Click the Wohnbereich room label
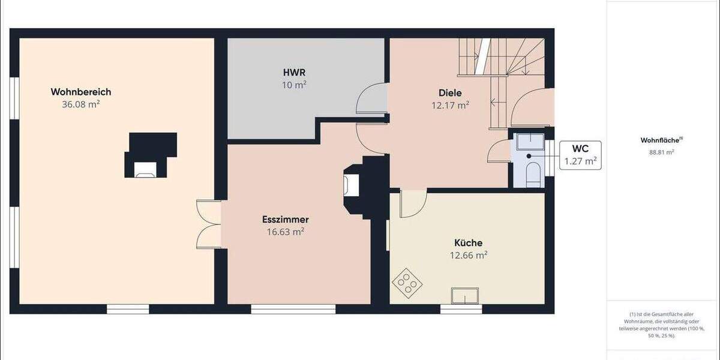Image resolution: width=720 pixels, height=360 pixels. click(81, 92)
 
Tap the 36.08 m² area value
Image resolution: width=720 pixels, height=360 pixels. click(81, 104)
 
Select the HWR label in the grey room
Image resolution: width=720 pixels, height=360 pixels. click(290, 73)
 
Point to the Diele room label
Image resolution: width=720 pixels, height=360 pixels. click(450, 92)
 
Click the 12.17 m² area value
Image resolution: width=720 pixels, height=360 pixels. click(450, 105)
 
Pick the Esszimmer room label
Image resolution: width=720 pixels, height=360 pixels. click(285, 220)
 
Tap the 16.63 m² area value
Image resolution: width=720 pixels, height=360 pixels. click(285, 232)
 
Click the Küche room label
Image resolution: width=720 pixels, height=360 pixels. click(469, 243)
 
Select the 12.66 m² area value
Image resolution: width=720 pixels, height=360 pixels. click(469, 255)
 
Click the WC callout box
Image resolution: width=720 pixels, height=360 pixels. click(580, 155)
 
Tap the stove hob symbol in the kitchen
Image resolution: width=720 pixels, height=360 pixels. click(407, 282)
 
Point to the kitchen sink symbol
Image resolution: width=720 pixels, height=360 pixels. click(465, 296)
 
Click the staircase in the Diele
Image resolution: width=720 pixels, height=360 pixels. click(501, 66)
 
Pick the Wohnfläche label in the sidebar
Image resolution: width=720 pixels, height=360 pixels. click(661, 140)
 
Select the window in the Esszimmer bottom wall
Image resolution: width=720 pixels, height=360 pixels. click(293, 310)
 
